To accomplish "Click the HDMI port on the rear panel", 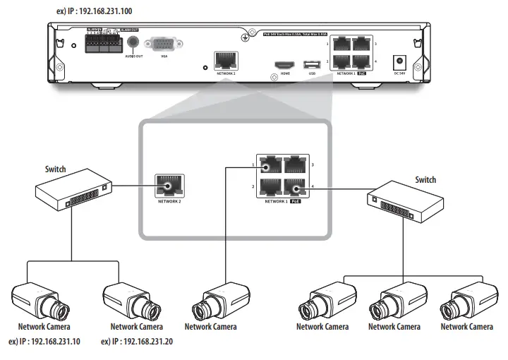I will [286, 64].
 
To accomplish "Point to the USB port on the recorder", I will [312, 64].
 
